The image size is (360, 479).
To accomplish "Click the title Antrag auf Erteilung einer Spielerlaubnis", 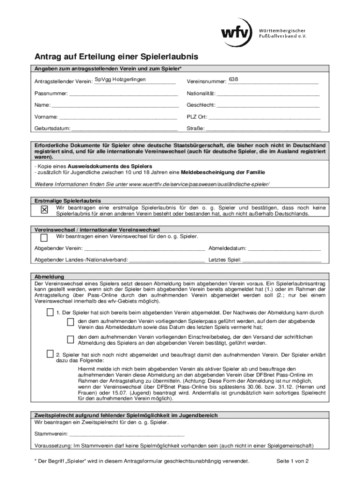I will (x=116, y=57).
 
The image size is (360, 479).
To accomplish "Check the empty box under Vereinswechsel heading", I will (x=44, y=238).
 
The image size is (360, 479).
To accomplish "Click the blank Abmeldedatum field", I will (x=284, y=248).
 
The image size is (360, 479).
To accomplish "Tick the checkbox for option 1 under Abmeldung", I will (x=50, y=312).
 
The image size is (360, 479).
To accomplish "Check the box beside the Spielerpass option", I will (x=70, y=322).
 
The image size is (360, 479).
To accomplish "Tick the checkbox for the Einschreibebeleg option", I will (x=70, y=339).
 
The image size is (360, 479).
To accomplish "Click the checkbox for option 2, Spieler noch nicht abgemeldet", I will (x=50, y=353).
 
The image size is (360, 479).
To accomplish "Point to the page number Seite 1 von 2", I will (x=293, y=461).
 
